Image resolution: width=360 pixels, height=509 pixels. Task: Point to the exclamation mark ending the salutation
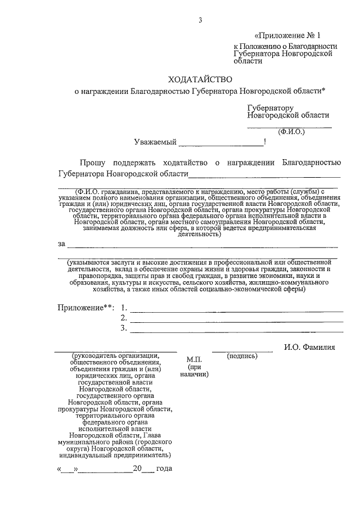coord(264,142)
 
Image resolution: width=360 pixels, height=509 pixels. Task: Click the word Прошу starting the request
coord(92,163)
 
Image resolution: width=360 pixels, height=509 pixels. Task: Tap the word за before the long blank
coord(61,244)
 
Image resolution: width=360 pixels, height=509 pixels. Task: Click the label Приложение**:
coord(85,308)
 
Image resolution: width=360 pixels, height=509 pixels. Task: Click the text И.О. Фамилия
coord(309,348)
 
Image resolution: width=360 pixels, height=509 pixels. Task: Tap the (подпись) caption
coord(242,356)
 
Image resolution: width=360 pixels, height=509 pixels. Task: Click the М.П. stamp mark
coord(194,359)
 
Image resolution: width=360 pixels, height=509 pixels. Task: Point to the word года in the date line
coord(164,469)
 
